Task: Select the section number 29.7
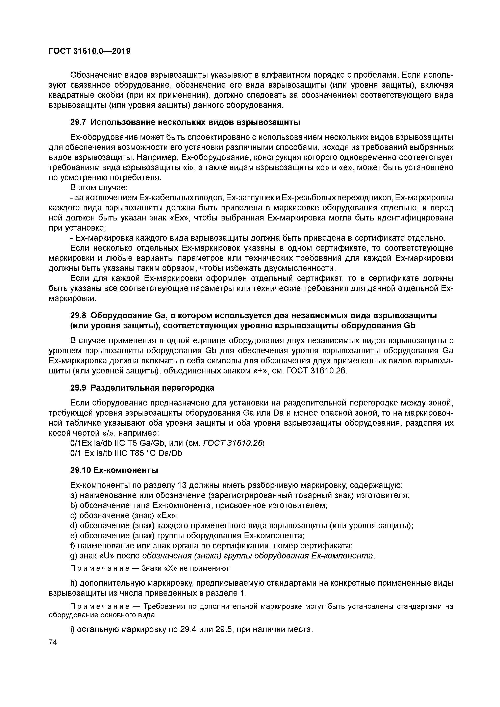point(79,122)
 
